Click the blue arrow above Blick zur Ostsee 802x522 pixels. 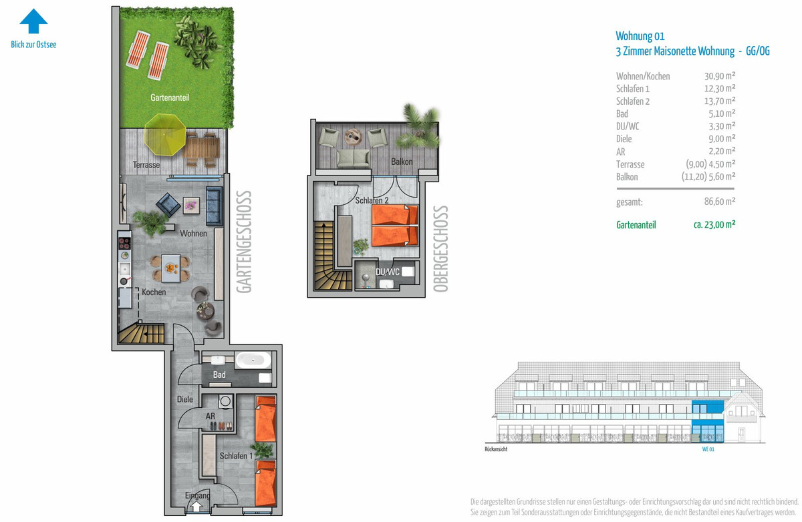click(x=33, y=21)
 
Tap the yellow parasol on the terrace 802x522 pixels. click(x=164, y=134)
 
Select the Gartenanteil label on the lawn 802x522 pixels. click(x=170, y=97)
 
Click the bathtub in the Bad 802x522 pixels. click(x=253, y=360)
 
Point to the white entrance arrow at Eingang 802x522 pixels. click(x=196, y=507)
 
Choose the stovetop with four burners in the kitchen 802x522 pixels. click(x=124, y=244)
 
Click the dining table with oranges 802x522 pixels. click(x=171, y=268)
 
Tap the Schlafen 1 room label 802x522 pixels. click(x=236, y=456)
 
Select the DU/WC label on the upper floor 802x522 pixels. click(x=388, y=272)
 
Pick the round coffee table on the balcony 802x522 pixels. click(x=354, y=137)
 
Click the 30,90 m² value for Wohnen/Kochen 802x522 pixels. click(x=720, y=76)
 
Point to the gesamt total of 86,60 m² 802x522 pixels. click(x=720, y=202)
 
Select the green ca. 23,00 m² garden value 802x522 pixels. click(x=714, y=224)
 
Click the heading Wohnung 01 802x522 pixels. click(x=640, y=36)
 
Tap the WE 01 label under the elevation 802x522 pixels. click(x=708, y=449)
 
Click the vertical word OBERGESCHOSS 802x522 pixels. click(x=440, y=249)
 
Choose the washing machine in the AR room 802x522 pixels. click(x=225, y=401)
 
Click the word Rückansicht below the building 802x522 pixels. click(x=496, y=449)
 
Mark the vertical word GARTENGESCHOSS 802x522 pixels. click(x=244, y=242)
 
